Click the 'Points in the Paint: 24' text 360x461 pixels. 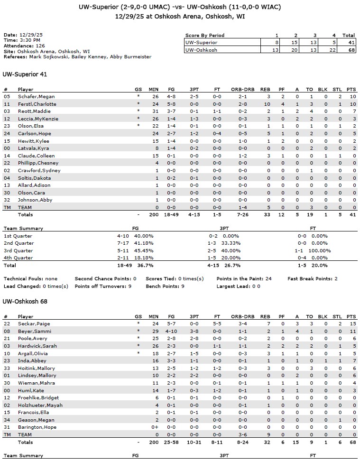click(x=244, y=278)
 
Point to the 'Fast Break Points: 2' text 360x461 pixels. click(x=312, y=278)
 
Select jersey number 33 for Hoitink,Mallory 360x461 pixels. click(x=7, y=368)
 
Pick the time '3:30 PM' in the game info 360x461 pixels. click(x=30, y=41)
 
